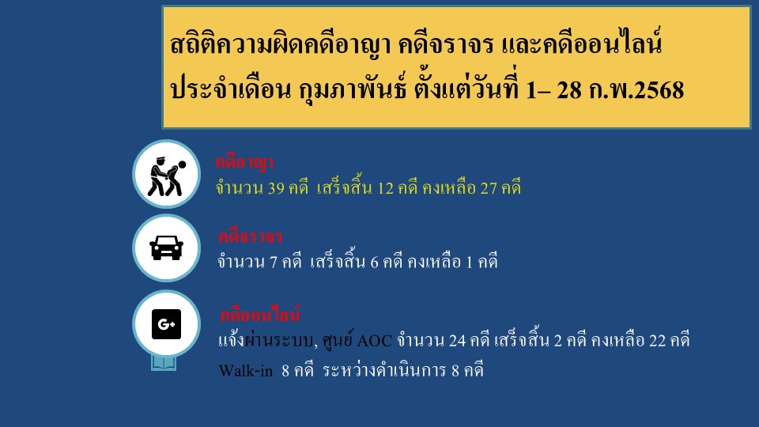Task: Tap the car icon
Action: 167,248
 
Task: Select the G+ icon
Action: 167,324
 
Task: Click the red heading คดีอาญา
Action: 244,162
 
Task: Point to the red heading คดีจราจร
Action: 251,236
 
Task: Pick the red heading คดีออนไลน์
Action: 260,314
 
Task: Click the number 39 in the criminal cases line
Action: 275,188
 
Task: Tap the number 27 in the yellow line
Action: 489,188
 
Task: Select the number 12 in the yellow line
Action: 385,188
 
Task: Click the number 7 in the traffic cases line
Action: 274,262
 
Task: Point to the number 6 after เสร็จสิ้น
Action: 374,262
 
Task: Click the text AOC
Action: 374,341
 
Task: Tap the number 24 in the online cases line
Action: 457,341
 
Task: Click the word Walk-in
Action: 246,371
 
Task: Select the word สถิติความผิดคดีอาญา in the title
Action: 280,44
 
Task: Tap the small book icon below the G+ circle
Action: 164,363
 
